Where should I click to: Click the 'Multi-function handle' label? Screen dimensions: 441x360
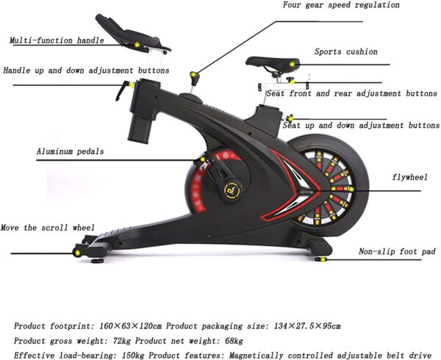tap(57, 40)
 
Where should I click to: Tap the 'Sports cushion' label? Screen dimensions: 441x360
tap(346, 51)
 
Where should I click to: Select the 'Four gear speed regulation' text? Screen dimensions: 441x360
tap(341, 5)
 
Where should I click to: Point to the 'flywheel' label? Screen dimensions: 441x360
tap(410, 177)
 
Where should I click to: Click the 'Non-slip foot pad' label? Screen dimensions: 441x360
tap(397, 251)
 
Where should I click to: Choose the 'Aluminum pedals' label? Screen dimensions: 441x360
tap(70, 151)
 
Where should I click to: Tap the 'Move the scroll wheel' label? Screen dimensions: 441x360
tap(48, 227)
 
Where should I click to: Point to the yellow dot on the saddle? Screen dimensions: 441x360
tap(293, 65)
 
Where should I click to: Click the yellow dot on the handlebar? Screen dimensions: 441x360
tap(137, 44)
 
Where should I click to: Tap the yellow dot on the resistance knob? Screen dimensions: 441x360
tap(193, 74)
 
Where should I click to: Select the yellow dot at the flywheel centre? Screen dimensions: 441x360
tap(351, 189)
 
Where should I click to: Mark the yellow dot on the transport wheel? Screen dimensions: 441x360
tap(77, 253)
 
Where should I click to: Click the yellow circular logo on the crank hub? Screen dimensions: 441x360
tap(233, 190)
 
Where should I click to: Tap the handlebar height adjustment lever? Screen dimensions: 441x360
tap(123, 90)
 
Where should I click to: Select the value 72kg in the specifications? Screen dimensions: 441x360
tap(122, 341)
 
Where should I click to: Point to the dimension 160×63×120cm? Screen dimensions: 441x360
tap(131, 326)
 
